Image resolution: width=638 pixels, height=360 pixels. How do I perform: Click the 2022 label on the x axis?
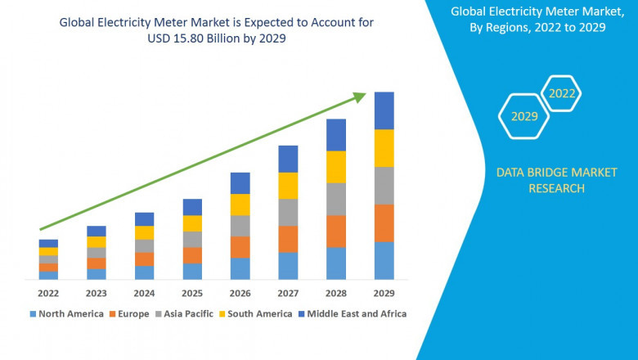[x=48, y=293]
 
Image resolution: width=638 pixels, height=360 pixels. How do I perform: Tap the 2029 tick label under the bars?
[x=384, y=293]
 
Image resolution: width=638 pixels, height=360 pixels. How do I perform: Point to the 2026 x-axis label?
[x=240, y=293]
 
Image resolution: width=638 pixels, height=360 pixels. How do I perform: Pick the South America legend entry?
[x=258, y=313]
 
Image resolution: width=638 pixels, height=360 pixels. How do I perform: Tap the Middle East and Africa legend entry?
[x=357, y=313]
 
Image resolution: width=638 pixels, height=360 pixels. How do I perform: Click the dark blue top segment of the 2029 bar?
[x=384, y=110]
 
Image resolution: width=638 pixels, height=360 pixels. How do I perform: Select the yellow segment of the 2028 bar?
[x=336, y=167]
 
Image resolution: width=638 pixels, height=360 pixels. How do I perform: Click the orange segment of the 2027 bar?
[x=288, y=239]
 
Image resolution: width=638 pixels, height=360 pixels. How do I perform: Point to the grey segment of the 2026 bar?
[x=240, y=226]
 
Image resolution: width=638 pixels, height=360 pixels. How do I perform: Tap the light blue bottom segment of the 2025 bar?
[x=192, y=272]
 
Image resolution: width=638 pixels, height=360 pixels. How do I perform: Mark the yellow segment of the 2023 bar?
[x=97, y=242]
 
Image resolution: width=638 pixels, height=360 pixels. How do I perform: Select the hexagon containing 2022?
[x=562, y=93]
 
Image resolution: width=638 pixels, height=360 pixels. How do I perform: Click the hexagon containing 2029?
[x=524, y=116]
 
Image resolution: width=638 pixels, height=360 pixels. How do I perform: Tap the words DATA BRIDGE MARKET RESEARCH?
[x=541, y=180]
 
